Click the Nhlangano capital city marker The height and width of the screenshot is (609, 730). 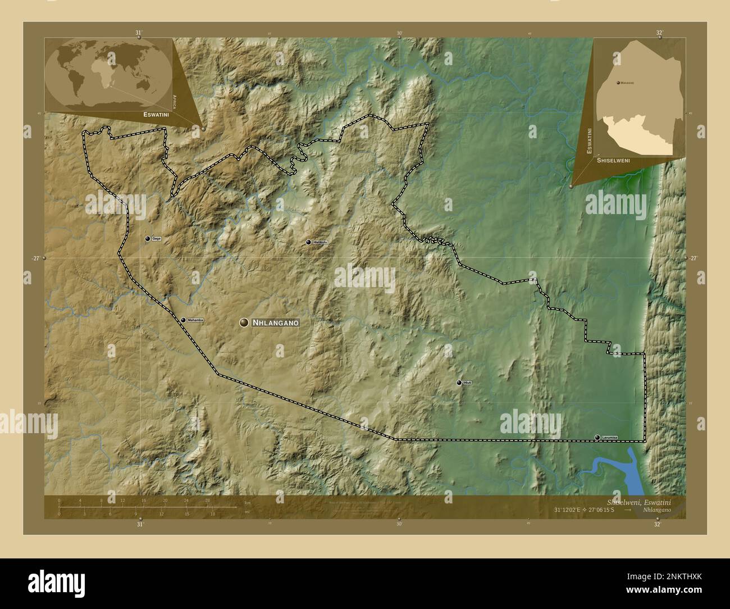coord(244,322)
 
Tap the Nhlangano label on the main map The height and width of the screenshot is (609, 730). coord(275,323)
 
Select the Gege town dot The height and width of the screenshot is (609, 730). coord(148,239)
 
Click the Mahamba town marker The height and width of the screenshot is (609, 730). coord(183,320)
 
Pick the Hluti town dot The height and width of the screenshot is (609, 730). coord(459,383)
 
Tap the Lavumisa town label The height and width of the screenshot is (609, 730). coord(609,437)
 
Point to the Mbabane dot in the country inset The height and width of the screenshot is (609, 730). coord(618,83)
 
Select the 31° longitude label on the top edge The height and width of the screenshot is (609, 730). coord(139,33)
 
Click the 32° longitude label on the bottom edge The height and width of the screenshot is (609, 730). coord(658,524)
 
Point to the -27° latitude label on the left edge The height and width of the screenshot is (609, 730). coord(36,258)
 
